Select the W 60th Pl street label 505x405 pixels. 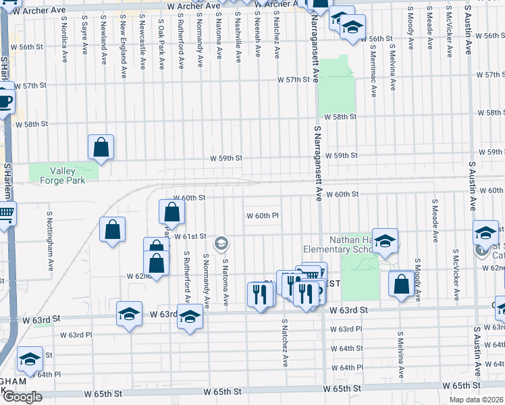click(x=263, y=216)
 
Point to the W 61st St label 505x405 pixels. click(x=190, y=236)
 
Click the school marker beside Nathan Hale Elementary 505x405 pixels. click(x=384, y=240)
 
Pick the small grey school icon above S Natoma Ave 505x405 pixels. click(x=221, y=242)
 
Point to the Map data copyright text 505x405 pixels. click(x=477, y=400)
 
